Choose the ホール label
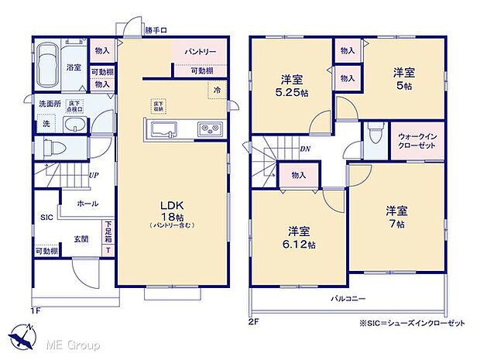click(86, 204)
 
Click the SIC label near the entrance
click(46, 218)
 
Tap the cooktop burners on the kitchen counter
click(209, 129)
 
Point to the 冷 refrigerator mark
click(216, 90)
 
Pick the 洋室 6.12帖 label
click(301, 238)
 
